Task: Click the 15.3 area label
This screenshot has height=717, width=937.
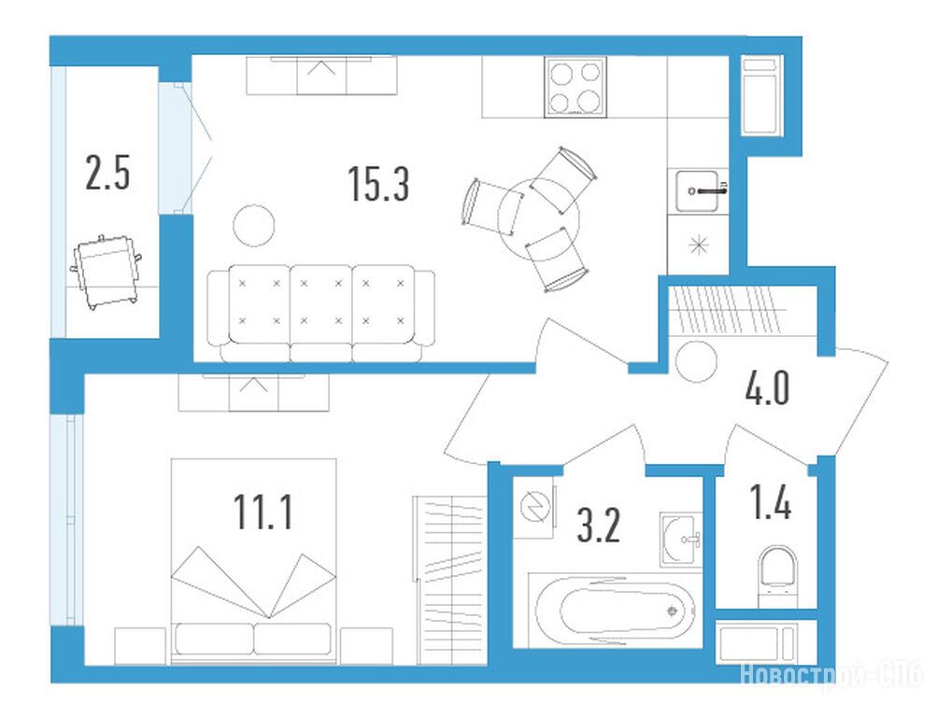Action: tap(378, 184)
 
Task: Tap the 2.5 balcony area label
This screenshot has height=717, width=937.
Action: tap(107, 173)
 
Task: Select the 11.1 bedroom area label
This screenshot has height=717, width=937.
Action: tap(263, 513)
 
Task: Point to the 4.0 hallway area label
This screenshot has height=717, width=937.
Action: tap(767, 387)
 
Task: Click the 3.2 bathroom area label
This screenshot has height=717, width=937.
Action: tap(599, 525)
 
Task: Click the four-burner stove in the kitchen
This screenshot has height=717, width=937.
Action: tap(575, 87)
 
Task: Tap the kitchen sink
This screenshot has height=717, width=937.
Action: tap(697, 190)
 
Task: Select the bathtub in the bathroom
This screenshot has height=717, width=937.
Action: tap(616, 611)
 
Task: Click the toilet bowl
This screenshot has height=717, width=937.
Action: tap(778, 574)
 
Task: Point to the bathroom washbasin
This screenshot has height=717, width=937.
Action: tap(681, 539)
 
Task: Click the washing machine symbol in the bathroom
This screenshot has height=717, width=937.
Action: tap(534, 508)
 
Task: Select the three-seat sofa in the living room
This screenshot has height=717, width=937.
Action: tap(321, 314)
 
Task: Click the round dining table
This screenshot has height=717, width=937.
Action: tap(539, 218)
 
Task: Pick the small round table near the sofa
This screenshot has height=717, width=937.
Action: tap(254, 225)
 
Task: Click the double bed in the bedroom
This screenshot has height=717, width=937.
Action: tap(253, 561)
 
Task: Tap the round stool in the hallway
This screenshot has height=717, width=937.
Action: tap(696, 360)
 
